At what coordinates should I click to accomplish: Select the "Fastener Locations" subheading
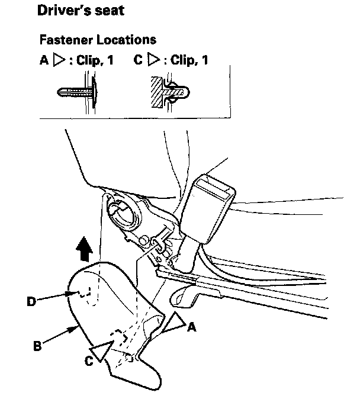tap(98, 40)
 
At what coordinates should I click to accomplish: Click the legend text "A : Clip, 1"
tap(77, 60)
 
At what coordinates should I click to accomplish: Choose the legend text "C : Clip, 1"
tap(171, 60)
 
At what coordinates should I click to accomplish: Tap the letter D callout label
tap(31, 301)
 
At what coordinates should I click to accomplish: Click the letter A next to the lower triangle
tap(191, 326)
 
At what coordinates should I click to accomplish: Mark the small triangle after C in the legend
tap(153, 60)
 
